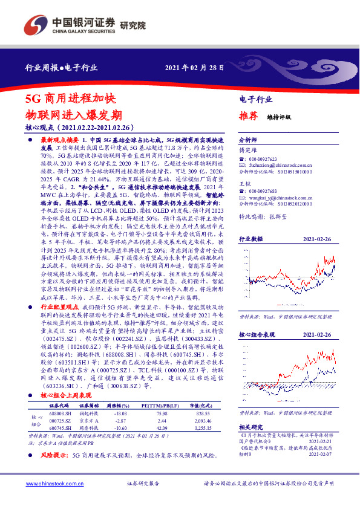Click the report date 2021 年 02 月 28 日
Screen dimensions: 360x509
pyautogui.click(x=195, y=68)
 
